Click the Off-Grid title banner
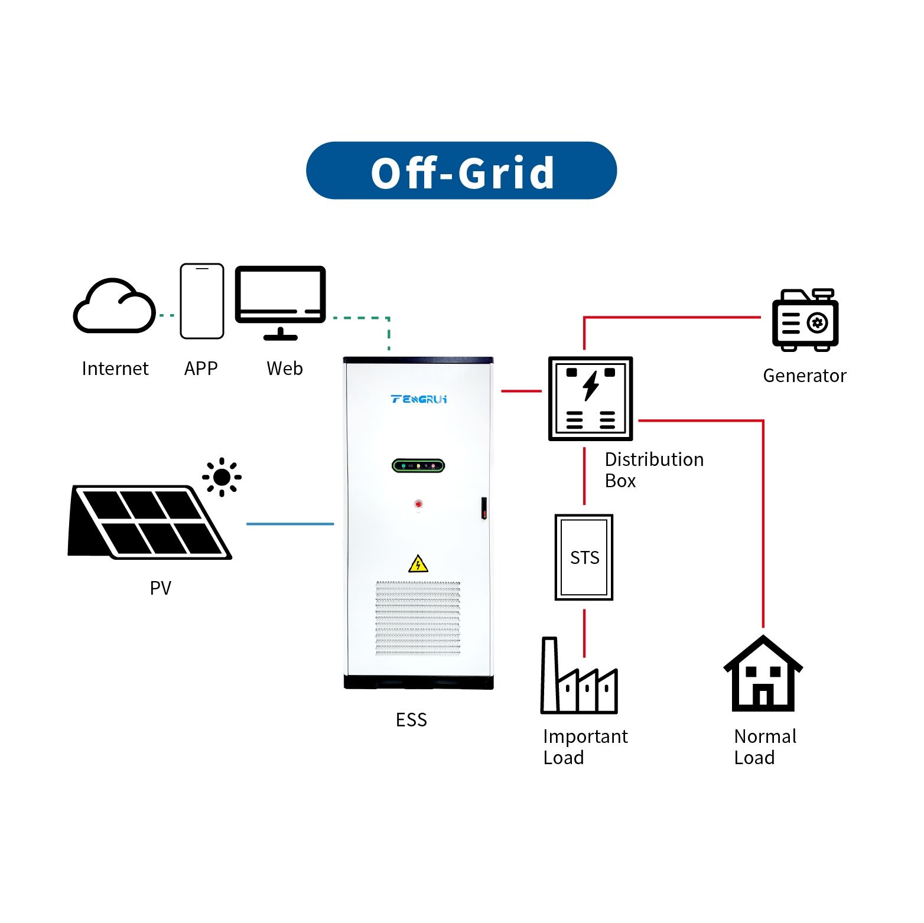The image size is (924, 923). click(461, 171)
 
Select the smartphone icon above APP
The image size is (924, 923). click(202, 301)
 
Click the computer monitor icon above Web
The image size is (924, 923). click(281, 298)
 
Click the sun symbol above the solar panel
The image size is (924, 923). click(222, 477)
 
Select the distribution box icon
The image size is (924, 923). click(590, 399)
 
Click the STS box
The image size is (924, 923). click(584, 557)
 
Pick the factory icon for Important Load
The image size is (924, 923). click(579, 679)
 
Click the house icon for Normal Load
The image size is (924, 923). click(763, 674)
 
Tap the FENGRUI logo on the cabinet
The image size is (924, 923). click(419, 399)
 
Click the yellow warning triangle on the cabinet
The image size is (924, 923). click(418, 565)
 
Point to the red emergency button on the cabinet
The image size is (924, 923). click(418, 504)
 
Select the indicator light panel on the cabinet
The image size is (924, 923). click(418, 466)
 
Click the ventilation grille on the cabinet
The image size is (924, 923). click(418, 618)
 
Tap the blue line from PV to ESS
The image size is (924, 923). click(290, 524)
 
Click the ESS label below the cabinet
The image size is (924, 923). click(411, 720)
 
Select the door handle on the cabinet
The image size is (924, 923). click(484, 508)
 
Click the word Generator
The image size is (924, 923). click(805, 376)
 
